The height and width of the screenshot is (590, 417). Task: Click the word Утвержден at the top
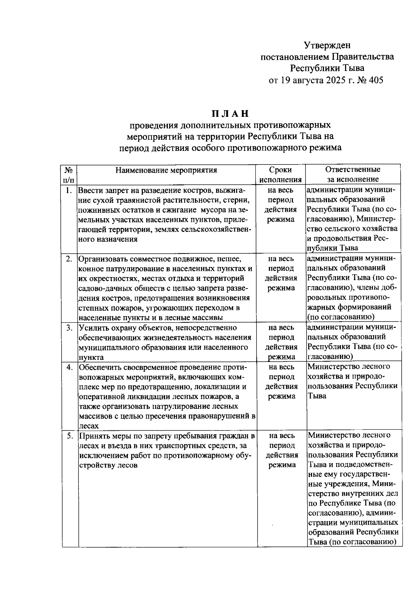point(327,45)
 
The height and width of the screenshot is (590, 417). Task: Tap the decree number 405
point(377,80)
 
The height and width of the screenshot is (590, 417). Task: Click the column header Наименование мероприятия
point(166,170)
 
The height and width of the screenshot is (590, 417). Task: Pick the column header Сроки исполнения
point(280,175)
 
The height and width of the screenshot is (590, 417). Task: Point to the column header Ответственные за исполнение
point(353,175)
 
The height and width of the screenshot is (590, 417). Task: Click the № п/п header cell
point(69,175)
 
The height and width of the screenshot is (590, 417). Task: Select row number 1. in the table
point(69,190)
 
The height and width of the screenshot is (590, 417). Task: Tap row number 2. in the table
point(69,259)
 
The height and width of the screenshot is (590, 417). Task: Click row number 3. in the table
point(69,328)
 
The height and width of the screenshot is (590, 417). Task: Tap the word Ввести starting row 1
point(89,191)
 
